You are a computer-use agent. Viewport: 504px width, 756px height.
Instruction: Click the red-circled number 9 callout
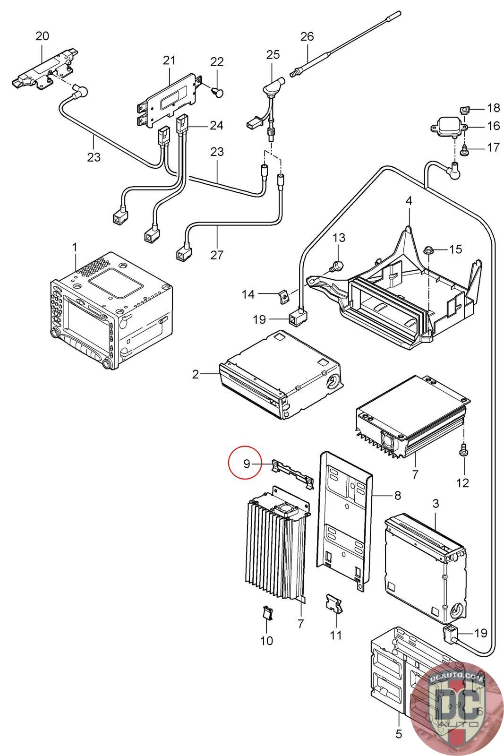pyautogui.click(x=246, y=464)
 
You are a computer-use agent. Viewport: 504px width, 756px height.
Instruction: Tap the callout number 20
pyautogui.click(x=42, y=36)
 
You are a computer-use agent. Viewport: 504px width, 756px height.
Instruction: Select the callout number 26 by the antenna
pyautogui.click(x=307, y=36)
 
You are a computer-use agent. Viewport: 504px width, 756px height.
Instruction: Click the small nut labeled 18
pyautogui.click(x=465, y=110)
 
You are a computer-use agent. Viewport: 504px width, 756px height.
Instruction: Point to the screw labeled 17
pyautogui.click(x=464, y=149)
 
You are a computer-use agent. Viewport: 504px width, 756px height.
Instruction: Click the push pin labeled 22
pyautogui.click(x=218, y=92)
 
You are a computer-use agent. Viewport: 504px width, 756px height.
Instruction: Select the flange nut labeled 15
pyautogui.click(x=428, y=251)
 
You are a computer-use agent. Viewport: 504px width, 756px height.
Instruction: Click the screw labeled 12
pyautogui.click(x=464, y=449)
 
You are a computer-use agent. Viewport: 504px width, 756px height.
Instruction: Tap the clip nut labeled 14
pyautogui.click(x=284, y=296)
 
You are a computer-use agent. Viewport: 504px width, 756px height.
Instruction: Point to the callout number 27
pyautogui.click(x=217, y=255)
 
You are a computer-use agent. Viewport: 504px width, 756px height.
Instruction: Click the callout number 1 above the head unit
pyautogui.click(x=75, y=248)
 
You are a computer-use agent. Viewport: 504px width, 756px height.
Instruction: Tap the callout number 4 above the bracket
pyautogui.click(x=409, y=201)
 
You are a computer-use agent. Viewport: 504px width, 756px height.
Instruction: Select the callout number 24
pyautogui.click(x=216, y=125)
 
